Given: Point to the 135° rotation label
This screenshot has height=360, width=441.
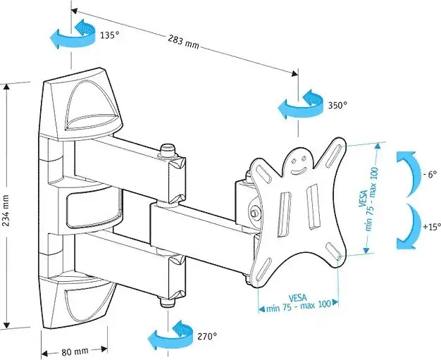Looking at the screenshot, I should coord(108,35).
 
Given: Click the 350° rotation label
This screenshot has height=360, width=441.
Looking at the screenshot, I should coord(337,106).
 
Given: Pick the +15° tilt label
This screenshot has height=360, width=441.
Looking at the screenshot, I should coord(430,227).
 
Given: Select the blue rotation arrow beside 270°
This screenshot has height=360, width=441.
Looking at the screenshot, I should coord(172,335).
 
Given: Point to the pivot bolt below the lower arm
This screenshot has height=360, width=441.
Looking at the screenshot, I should coord(167,302).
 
